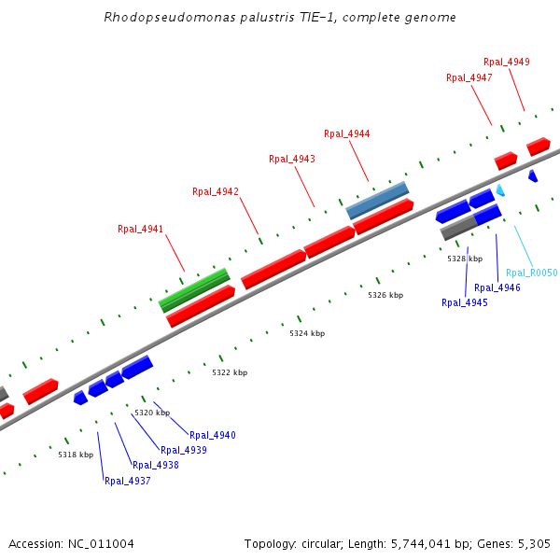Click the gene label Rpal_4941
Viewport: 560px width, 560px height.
[x=140, y=229]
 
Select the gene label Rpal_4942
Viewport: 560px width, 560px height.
[x=216, y=191]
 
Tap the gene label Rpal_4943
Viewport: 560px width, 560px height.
[x=292, y=159]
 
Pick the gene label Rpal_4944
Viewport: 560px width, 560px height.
[x=346, y=133]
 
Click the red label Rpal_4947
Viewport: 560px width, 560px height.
[x=469, y=77]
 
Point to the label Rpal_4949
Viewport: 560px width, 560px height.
[x=507, y=62]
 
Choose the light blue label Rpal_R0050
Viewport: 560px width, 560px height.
[x=531, y=273]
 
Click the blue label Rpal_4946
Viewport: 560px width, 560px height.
[x=497, y=287]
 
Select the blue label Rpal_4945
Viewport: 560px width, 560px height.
[x=465, y=302]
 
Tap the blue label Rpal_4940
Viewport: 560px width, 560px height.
[x=213, y=435]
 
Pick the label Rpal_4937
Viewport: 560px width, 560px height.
[x=127, y=482]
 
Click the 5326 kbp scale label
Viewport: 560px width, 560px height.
[x=385, y=295]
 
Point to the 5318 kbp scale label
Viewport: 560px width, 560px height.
[x=76, y=455]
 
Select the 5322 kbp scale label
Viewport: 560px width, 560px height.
[x=230, y=372]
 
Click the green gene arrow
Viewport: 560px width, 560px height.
[x=194, y=290]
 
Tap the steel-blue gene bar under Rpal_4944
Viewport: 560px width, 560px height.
[x=378, y=200]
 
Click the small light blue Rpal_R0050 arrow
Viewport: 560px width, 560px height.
[x=500, y=190]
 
